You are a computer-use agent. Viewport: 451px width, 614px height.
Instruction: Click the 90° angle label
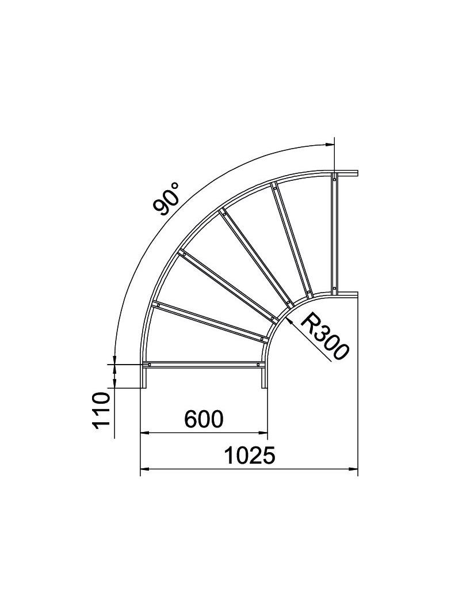pos(166,199)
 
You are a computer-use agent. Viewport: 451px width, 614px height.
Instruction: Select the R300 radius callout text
pos(324,336)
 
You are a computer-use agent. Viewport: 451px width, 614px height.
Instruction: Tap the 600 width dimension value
pos(204,419)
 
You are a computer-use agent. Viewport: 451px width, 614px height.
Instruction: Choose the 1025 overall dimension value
pos(250,456)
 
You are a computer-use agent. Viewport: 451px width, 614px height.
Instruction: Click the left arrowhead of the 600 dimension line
pos(146,433)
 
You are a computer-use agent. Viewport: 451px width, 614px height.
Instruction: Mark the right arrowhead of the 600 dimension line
pos(262,433)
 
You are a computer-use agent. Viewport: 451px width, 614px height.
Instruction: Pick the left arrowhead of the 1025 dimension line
pos(146,469)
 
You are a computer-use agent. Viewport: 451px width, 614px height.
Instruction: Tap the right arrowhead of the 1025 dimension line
pos(353,469)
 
